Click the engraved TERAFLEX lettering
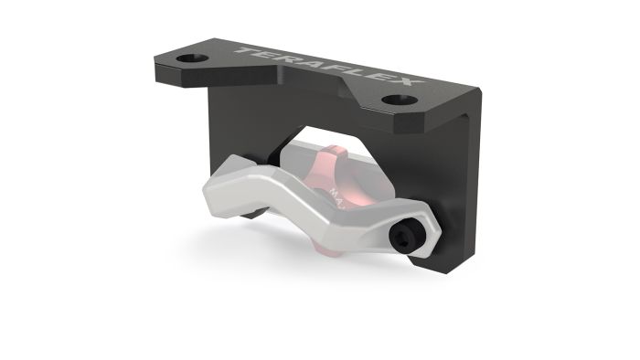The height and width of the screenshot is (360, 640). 329,69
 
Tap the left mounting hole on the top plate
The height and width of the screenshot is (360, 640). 192,58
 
